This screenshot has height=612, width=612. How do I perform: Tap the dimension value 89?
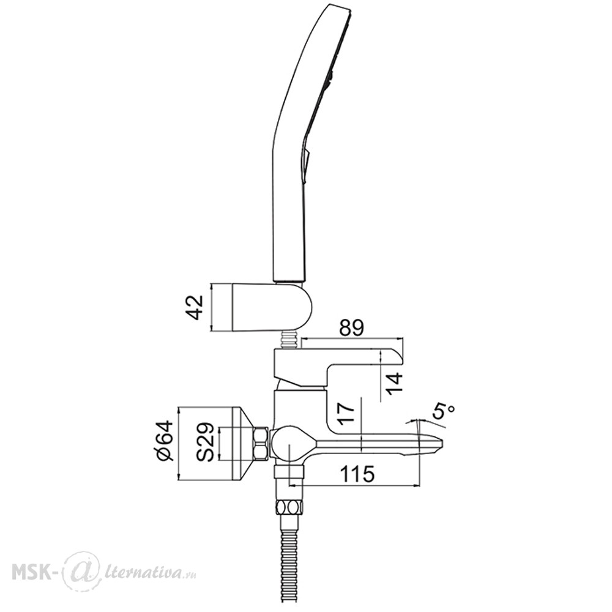352,328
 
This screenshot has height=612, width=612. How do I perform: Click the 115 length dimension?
358,474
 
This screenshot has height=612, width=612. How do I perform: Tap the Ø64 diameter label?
165,440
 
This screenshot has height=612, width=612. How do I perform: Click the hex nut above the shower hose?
289,508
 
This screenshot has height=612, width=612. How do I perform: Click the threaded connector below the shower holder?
289,340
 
